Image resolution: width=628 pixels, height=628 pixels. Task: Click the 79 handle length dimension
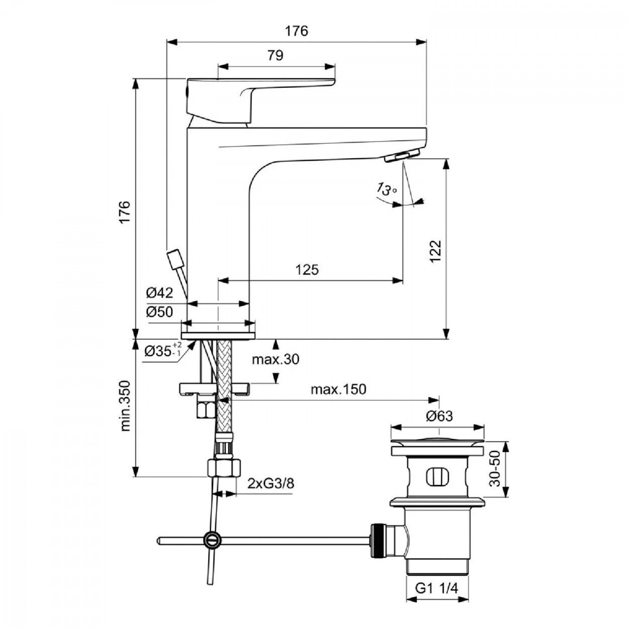[x=275, y=55]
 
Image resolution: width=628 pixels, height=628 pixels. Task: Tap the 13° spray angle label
[x=387, y=189]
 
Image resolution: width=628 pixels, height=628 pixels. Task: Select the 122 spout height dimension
[x=436, y=251]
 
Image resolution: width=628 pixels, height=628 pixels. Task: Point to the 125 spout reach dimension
[x=307, y=269]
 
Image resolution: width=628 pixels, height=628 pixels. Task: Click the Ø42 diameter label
[x=159, y=293]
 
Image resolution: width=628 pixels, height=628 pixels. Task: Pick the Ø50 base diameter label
[x=159, y=312]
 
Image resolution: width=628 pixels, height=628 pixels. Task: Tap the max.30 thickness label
[x=276, y=359]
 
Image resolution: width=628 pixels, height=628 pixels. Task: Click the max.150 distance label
[x=339, y=389]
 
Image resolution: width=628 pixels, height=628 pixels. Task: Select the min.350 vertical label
[x=126, y=406]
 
